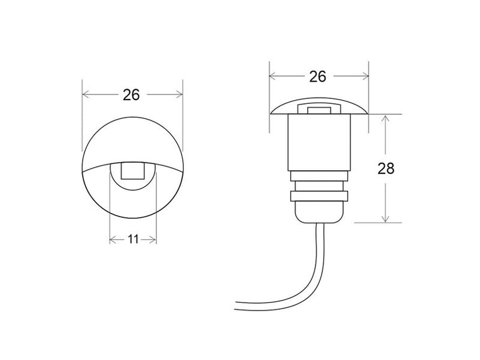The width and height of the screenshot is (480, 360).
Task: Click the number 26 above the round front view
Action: click(131, 95)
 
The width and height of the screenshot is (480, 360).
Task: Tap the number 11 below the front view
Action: click(132, 239)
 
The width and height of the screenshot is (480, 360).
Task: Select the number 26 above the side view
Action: click(318, 76)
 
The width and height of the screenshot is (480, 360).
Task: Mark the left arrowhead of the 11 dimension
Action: click(113, 239)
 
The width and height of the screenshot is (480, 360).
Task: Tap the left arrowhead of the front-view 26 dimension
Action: click(86, 95)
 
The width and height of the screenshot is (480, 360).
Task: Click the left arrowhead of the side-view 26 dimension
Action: click(273, 76)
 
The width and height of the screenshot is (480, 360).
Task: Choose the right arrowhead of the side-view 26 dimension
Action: click(364, 76)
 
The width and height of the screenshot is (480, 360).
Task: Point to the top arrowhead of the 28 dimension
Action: click(387, 118)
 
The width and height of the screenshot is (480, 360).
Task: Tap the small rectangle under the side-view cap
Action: click(319, 111)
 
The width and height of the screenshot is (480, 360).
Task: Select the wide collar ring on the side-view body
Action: click(319, 196)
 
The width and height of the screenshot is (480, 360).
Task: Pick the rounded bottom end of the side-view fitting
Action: click(319, 216)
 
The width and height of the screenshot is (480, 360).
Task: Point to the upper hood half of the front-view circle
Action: click(132, 138)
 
